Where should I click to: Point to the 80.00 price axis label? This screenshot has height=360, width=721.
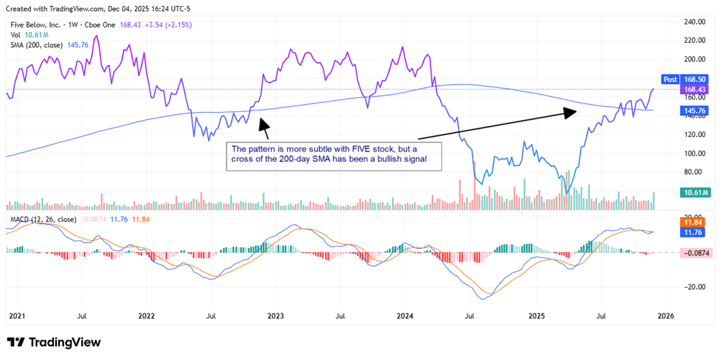tap(693, 172)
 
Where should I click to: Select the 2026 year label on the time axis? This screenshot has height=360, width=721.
tap(665, 316)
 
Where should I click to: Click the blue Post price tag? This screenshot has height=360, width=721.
tap(670, 79)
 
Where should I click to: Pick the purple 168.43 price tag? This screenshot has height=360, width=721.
tap(694, 89)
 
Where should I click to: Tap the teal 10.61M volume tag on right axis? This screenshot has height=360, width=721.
tap(694, 192)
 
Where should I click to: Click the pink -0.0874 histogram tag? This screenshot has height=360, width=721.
tap(694, 252)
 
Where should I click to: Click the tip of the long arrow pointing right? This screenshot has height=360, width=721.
tap(575, 111)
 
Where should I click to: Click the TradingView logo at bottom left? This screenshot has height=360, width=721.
tap(54, 342)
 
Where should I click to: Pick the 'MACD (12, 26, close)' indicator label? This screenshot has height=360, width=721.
tap(42, 219)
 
